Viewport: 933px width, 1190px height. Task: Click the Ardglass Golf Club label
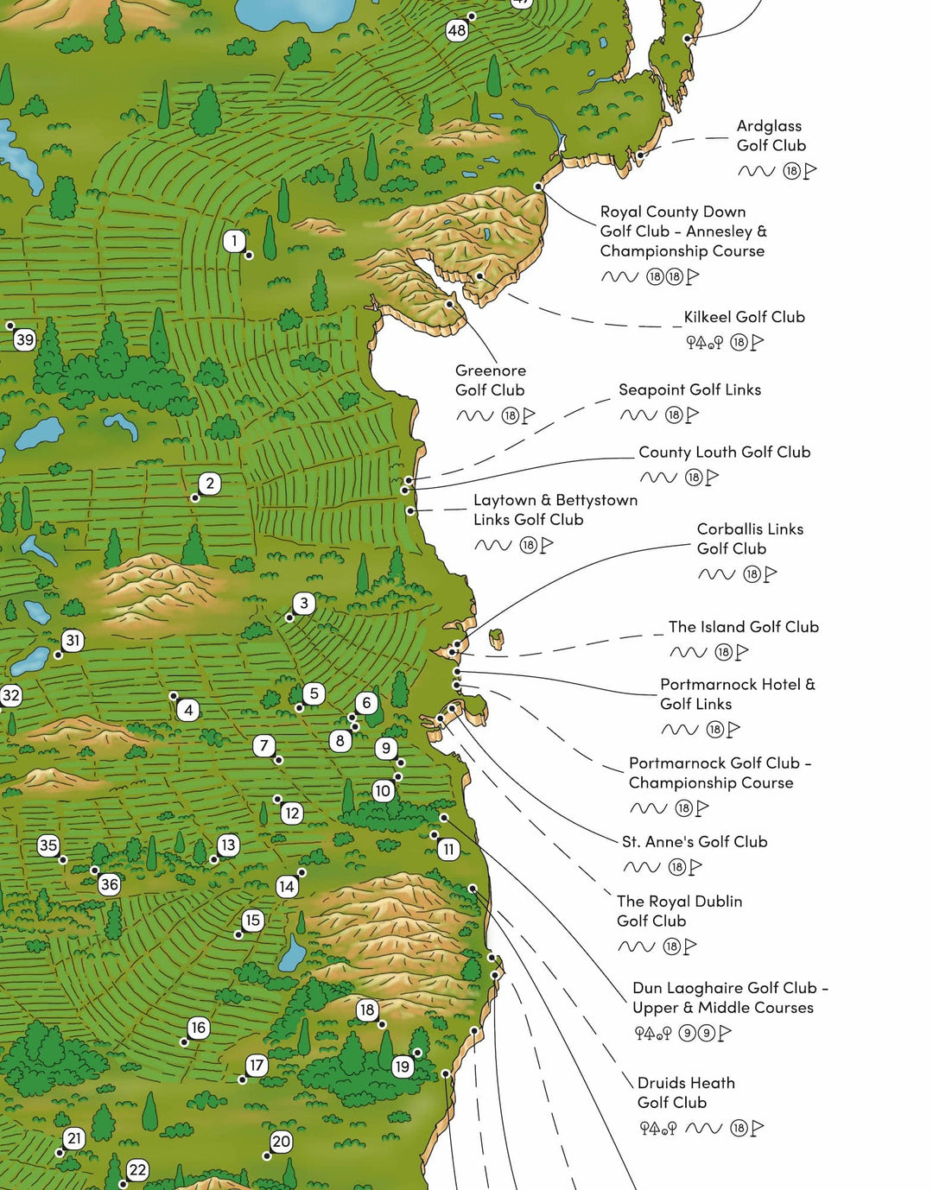(771, 136)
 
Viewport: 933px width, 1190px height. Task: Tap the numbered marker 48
(456, 31)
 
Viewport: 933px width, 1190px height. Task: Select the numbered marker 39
(25, 339)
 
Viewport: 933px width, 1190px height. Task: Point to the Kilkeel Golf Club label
(744, 317)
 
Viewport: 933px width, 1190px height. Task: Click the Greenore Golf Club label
(490, 380)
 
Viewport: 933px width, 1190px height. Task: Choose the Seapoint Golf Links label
(689, 389)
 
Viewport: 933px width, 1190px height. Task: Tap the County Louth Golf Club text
(724, 452)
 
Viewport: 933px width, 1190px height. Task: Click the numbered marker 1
(234, 241)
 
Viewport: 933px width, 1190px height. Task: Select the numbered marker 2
(210, 484)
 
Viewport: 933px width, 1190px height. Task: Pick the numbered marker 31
(73, 641)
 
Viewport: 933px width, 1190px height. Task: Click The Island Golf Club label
(743, 627)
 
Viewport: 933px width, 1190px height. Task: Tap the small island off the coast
(497, 639)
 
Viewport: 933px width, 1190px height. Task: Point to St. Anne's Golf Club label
(695, 841)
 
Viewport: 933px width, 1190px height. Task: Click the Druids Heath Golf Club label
(686, 1092)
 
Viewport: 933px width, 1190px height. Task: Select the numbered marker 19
(402, 1067)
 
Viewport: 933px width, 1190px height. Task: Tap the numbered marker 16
(199, 1028)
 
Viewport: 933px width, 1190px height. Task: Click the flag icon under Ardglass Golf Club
(810, 171)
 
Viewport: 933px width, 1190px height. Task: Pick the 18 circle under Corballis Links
(752, 574)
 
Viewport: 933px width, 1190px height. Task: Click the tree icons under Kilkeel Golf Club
(704, 343)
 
